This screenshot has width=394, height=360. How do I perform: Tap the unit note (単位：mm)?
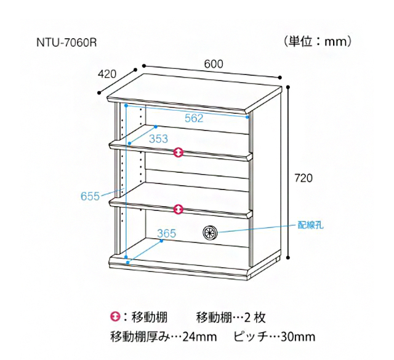click(318, 42)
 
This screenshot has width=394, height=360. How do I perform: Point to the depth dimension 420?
click(107, 74)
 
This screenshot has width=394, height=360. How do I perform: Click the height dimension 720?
click(304, 178)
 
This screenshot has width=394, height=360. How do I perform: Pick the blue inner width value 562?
click(193, 119)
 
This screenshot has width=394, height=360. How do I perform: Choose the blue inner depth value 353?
click(158, 138)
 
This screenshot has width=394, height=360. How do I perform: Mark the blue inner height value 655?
click(90, 196)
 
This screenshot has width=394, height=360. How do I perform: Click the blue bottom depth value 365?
click(167, 233)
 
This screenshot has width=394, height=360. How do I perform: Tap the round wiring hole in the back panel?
click(210, 233)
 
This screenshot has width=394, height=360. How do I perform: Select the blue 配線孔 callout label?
click(310, 225)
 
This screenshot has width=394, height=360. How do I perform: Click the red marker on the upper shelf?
click(178, 152)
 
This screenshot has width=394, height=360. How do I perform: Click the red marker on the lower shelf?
click(178, 209)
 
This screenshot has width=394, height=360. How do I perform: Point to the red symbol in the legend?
click(114, 318)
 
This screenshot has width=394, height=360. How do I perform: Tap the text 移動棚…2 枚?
click(230, 318)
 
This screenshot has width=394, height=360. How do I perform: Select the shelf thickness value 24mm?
click(200, 337)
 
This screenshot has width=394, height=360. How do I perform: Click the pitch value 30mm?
click(298, 337)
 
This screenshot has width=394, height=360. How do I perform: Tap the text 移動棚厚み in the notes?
click(138, 337)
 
